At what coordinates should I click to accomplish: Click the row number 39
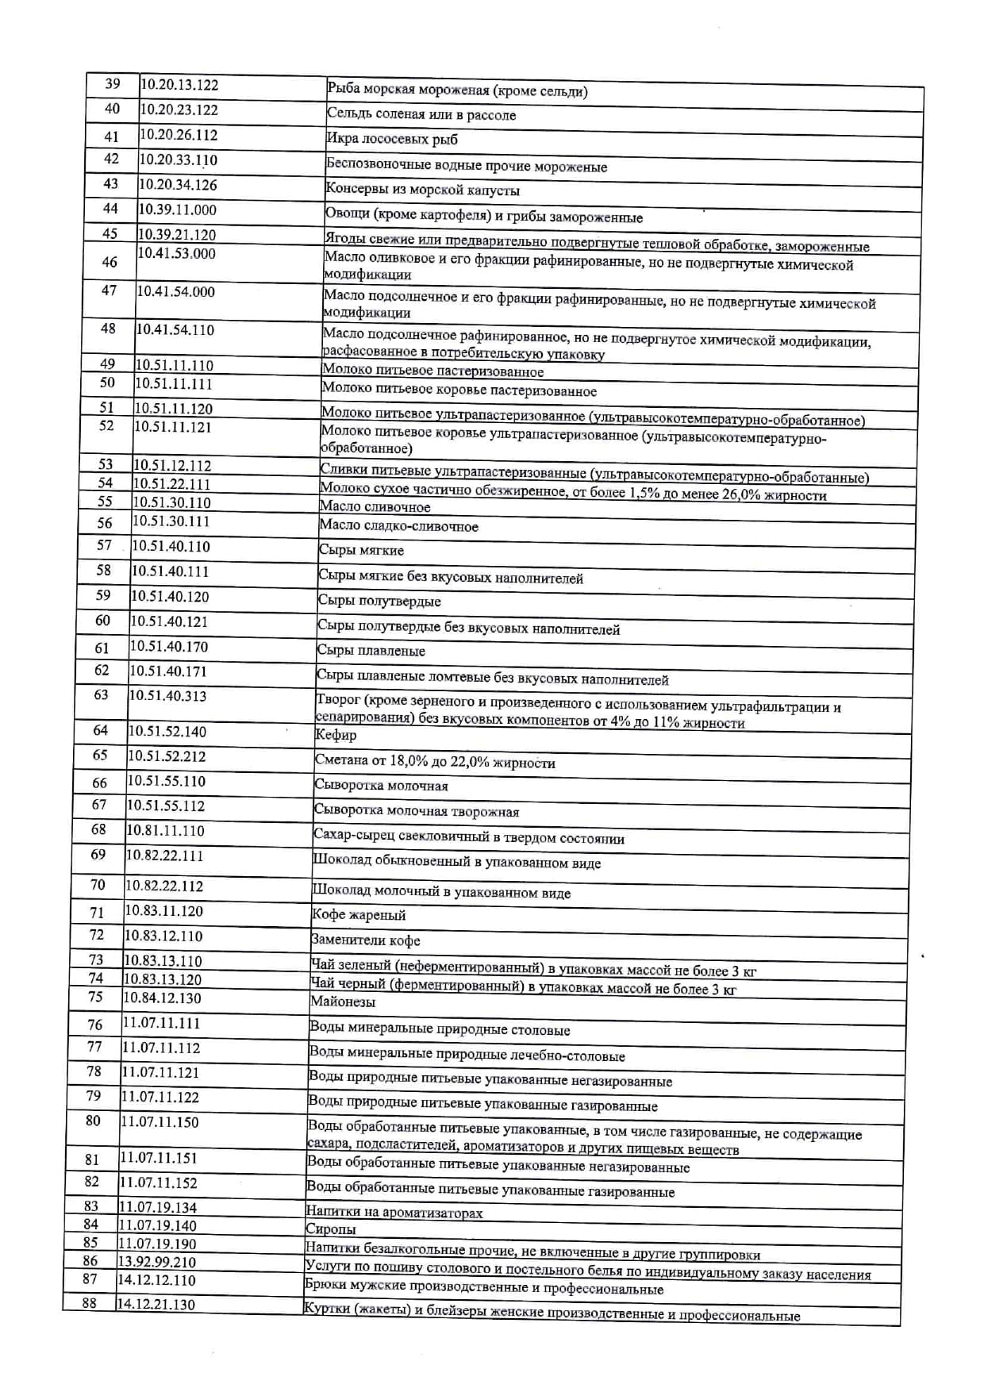point(113,84)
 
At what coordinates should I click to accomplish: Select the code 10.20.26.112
point(179,135)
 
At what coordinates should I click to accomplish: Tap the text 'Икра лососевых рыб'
point(392,140)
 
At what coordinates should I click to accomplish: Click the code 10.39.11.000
point(177,210)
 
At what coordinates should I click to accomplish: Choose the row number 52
point(106,426)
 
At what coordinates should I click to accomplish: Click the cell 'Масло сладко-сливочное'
point(398,526)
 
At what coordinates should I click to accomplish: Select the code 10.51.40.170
point(169,647)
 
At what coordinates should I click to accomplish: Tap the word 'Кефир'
point(336,736)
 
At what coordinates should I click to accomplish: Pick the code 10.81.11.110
point(165,831)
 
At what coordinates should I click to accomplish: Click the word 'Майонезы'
point(343,1002)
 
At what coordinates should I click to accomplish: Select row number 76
point(95,1025)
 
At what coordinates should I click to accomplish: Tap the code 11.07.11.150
point(160,1122)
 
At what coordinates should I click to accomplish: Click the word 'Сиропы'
point(331,1229)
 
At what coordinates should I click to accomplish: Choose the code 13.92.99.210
point(157,1262)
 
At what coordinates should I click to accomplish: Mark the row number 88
point(89,1303)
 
